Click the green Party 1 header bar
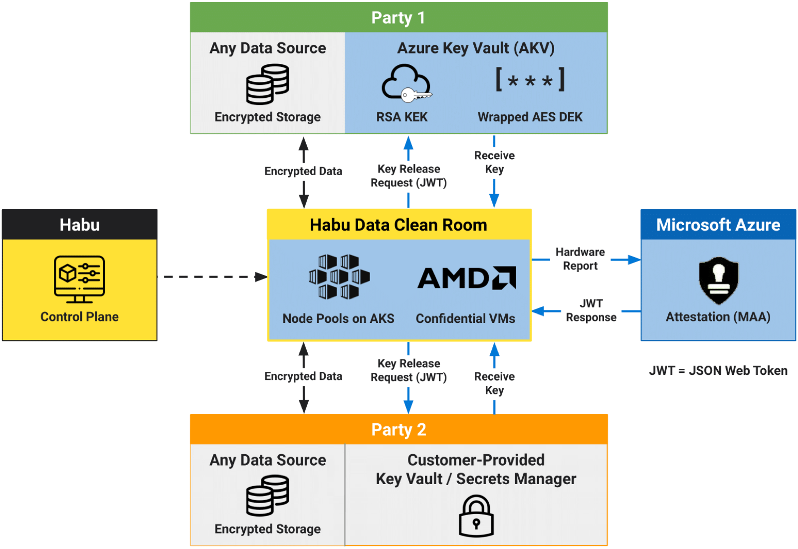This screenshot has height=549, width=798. (399, 17)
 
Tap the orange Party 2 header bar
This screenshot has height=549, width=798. (399, 429)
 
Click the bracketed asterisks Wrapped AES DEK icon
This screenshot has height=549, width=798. (530, 80)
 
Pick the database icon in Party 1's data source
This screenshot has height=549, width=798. (268, 84)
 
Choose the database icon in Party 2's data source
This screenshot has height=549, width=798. (268, 495)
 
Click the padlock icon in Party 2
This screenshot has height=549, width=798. (476, 516)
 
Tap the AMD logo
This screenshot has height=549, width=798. (466, 278)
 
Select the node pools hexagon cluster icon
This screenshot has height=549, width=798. (339, 277)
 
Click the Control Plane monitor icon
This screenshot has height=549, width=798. (79, 279)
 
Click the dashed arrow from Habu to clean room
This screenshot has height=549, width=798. (212, 276)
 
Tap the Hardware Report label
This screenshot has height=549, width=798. (580, 259)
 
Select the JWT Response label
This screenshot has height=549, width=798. (591, 310)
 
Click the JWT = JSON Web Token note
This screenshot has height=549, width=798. (718, 370)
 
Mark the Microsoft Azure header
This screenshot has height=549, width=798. (718, 225)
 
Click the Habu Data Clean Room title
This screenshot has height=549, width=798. (399, 225)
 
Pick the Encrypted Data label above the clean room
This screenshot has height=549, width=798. (303, 171)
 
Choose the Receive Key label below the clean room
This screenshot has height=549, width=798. (494, 383)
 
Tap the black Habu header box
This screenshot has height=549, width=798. (79, 225)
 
